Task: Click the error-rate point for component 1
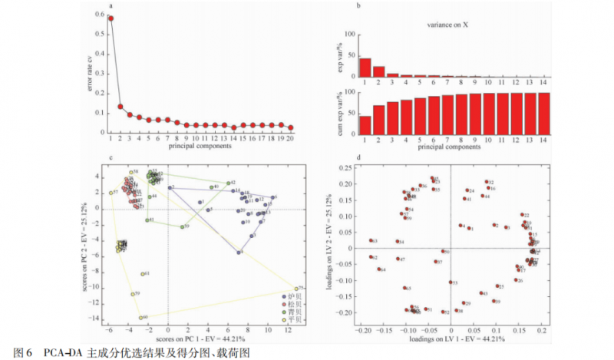point(111,18)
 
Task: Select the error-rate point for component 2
point(120,107)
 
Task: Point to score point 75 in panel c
point(295,288)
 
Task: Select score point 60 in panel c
point(140,317)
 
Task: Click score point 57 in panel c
point(111,193)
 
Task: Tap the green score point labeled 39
point(182,227)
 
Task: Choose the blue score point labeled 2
point(170,187)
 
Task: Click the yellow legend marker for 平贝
point(285,319)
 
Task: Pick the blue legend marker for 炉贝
point(285,296)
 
